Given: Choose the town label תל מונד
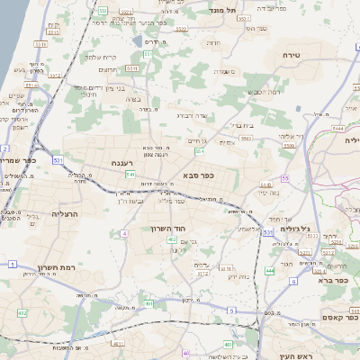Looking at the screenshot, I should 223,9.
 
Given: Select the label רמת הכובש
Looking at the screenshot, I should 263,93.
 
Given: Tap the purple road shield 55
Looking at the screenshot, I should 284,179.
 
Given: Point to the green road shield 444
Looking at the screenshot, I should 269,270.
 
